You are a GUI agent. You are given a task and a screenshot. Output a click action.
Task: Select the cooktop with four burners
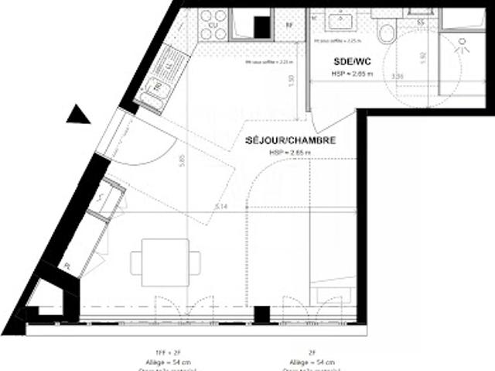coord(213,24)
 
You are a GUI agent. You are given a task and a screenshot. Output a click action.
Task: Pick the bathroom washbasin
coord(340,21)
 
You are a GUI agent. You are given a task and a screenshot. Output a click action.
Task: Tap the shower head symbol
coord(464,45)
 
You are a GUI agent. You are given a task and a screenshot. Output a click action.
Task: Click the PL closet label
coord(69,264)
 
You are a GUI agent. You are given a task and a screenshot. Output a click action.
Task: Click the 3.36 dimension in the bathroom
coord(398,77)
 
